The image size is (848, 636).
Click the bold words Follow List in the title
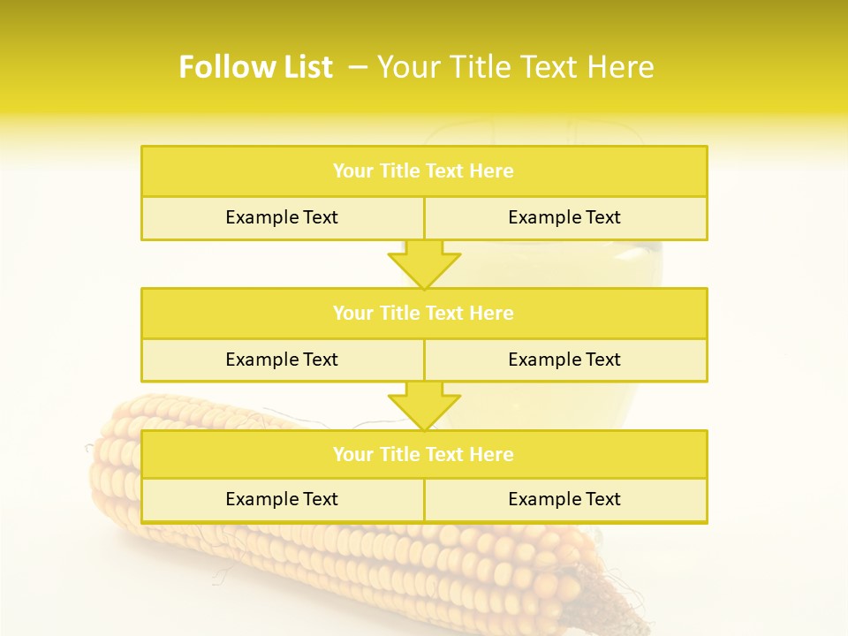click(255, 67)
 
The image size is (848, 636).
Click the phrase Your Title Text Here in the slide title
click(516, 67)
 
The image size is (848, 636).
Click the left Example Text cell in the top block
click(282, 217)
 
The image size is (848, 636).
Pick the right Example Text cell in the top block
click(564, 217)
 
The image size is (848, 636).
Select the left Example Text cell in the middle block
click(282, 360)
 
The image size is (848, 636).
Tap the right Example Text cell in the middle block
click(564, 360)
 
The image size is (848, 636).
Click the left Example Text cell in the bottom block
click(282, 499)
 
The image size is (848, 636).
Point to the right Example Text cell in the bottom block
click(564, 499)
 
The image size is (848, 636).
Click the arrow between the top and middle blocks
click(424, 264)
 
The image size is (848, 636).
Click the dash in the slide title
click(359, 67)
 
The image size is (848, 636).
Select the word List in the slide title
click(304, 67)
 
